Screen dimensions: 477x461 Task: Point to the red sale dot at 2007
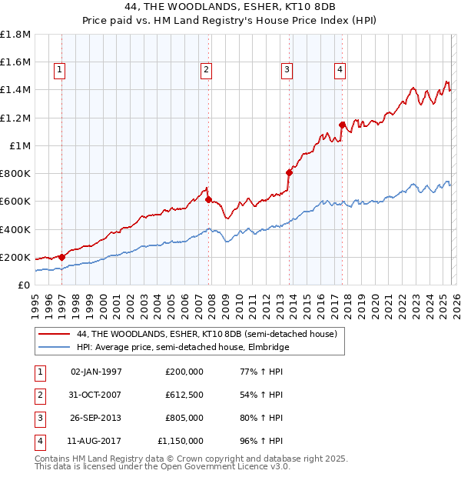(x=208, y=199)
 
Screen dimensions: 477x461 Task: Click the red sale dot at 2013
(x=289, y=172)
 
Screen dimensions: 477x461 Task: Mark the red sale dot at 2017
(x=342, y=124)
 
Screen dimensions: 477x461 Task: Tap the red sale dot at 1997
(x=61, y=257)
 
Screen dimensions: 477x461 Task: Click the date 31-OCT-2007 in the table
(x=95, y=395)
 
